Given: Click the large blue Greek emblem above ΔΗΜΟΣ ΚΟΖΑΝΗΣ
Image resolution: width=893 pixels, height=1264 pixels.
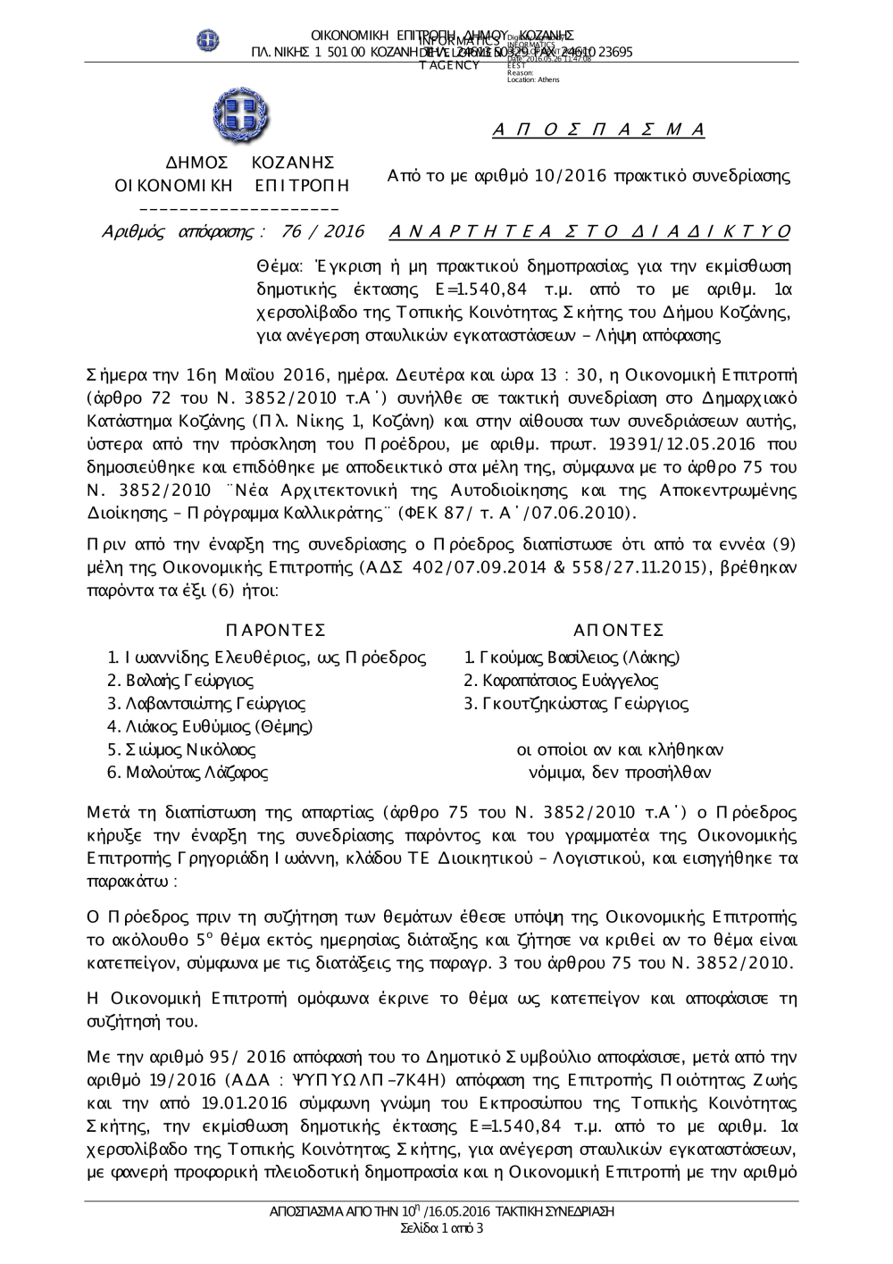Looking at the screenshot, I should (x=241, y=116).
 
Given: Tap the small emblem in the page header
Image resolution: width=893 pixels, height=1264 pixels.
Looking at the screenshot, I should (x=209, y=40).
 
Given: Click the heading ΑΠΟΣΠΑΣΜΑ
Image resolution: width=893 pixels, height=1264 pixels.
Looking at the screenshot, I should (x=598, y=130).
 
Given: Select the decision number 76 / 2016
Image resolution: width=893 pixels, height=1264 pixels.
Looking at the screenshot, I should (x=322, y=232).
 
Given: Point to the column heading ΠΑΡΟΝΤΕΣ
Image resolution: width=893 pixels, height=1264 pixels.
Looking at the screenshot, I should (x=277, y=630).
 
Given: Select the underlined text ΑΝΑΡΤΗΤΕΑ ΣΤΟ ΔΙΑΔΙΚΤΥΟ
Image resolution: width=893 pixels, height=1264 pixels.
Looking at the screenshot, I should (x=590, y=232).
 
